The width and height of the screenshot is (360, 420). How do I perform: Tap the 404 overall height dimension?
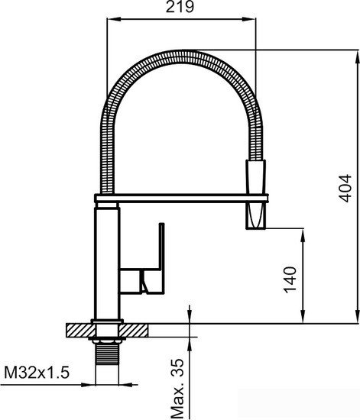point(345,186)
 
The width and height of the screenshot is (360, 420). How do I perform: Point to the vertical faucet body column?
point(105,260)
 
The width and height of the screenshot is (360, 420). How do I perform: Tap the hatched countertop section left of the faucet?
point(79,330)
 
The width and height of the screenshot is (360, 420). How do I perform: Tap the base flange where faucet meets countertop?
point(105,321)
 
